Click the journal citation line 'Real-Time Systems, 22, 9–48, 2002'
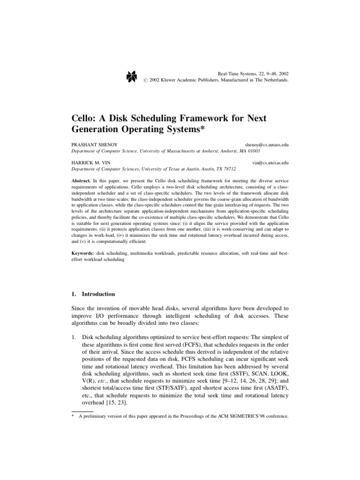(x=254, y=74)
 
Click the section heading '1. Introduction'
(x=92, y=294)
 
